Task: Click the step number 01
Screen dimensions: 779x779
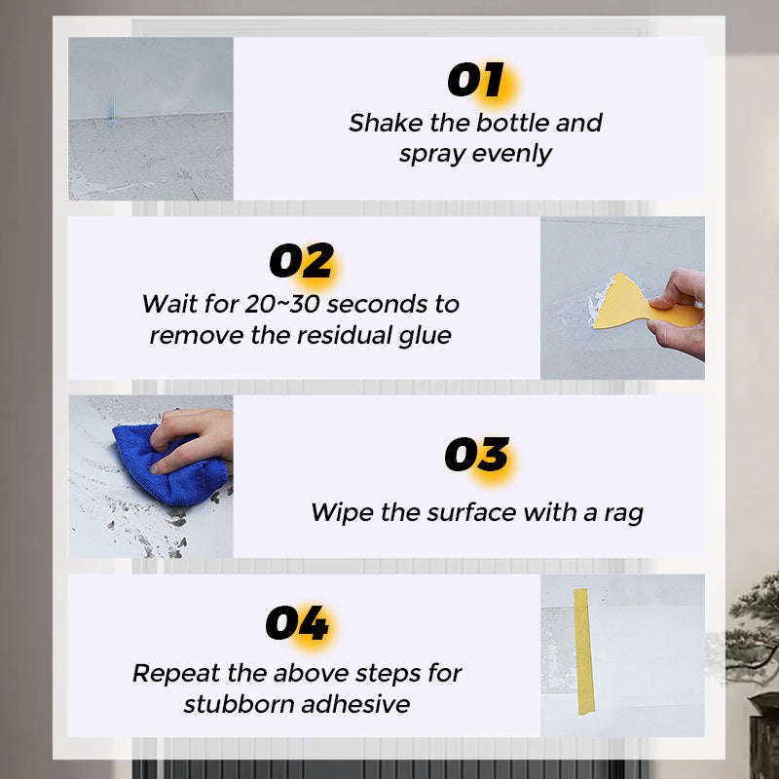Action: pos(476,80)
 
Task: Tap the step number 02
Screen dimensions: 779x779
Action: pos(301,260)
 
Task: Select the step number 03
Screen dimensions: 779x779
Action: pos(477,454)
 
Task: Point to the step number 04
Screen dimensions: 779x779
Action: pos(297,622)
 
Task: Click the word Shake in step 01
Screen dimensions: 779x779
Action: pos(386,123)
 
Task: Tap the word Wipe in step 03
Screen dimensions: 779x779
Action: pos(342,513)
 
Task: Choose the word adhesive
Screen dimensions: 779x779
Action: pos(355,704)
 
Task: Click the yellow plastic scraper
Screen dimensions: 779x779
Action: pos(641,303)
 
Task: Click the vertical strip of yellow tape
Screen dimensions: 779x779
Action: pos(584,651)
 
